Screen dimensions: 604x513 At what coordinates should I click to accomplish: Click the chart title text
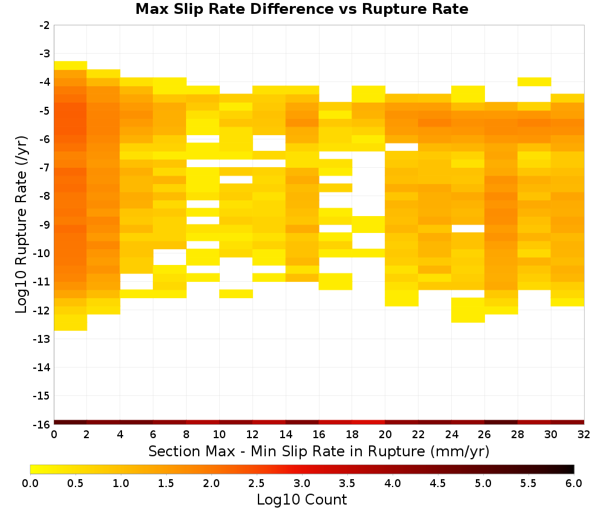coord(301,9)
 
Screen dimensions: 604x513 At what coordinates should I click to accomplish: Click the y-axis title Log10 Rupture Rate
coord(21,225)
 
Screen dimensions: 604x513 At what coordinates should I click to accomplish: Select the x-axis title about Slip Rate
coord(318,451)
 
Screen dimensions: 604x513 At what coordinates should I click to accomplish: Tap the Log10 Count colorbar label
coord(301,500)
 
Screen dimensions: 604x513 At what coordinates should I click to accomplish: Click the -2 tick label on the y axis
coord(45,25)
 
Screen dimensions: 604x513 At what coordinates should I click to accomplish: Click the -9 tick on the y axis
coord(45,225)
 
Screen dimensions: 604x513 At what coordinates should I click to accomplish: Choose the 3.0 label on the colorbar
coord(302,483)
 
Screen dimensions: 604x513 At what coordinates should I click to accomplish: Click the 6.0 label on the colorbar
coord(574,483)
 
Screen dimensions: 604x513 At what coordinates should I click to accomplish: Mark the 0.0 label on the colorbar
coord(30,483)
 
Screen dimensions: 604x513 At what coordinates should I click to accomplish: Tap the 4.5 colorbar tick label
coord(438,483)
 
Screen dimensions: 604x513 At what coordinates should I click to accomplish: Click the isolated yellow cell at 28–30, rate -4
coord(535,81)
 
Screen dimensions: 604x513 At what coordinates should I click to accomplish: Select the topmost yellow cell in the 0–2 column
coord(71,65)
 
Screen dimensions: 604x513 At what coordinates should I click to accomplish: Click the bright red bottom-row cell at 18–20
coord(368,422)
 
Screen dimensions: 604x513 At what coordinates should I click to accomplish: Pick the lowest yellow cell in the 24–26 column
coord(468,310)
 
